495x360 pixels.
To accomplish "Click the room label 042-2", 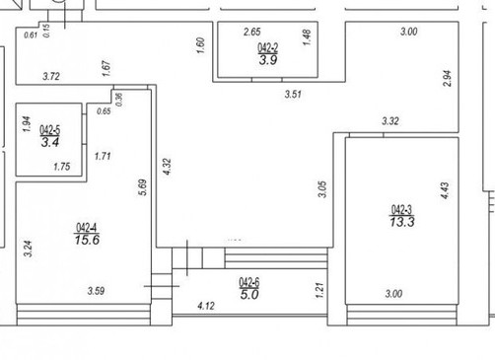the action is [x=268, y=48].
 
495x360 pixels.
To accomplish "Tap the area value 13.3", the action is [x=402, y=222].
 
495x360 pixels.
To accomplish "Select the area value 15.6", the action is [x=87, y=240].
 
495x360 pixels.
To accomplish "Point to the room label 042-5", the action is [x=50, y=130].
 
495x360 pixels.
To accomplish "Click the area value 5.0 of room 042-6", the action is [x=249, y=295].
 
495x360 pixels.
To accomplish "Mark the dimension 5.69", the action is [x=142, y=187].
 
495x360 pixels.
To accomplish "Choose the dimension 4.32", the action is [x=167, y=167].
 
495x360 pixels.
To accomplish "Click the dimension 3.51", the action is [x=293, y=95].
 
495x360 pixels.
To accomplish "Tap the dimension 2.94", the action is [x=448, y=78].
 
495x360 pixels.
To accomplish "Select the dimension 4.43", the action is [x=445, y=190].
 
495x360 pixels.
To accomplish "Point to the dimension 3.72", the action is [x=51, y=77].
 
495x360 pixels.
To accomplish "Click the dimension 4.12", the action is [x=206, y=306].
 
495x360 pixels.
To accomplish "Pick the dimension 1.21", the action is [x=319, y=290].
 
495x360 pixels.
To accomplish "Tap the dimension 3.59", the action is [x=96, y=291].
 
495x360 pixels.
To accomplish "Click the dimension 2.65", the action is [x=252, y=32].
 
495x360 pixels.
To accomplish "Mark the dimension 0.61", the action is [x=31, y=35].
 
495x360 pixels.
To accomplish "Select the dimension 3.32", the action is [x=390, y=121].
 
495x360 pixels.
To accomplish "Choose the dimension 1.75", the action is [x=62, y=167].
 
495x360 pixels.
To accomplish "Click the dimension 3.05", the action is [x=322, y=189].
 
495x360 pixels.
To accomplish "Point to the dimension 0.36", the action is [x=119, y=100].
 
